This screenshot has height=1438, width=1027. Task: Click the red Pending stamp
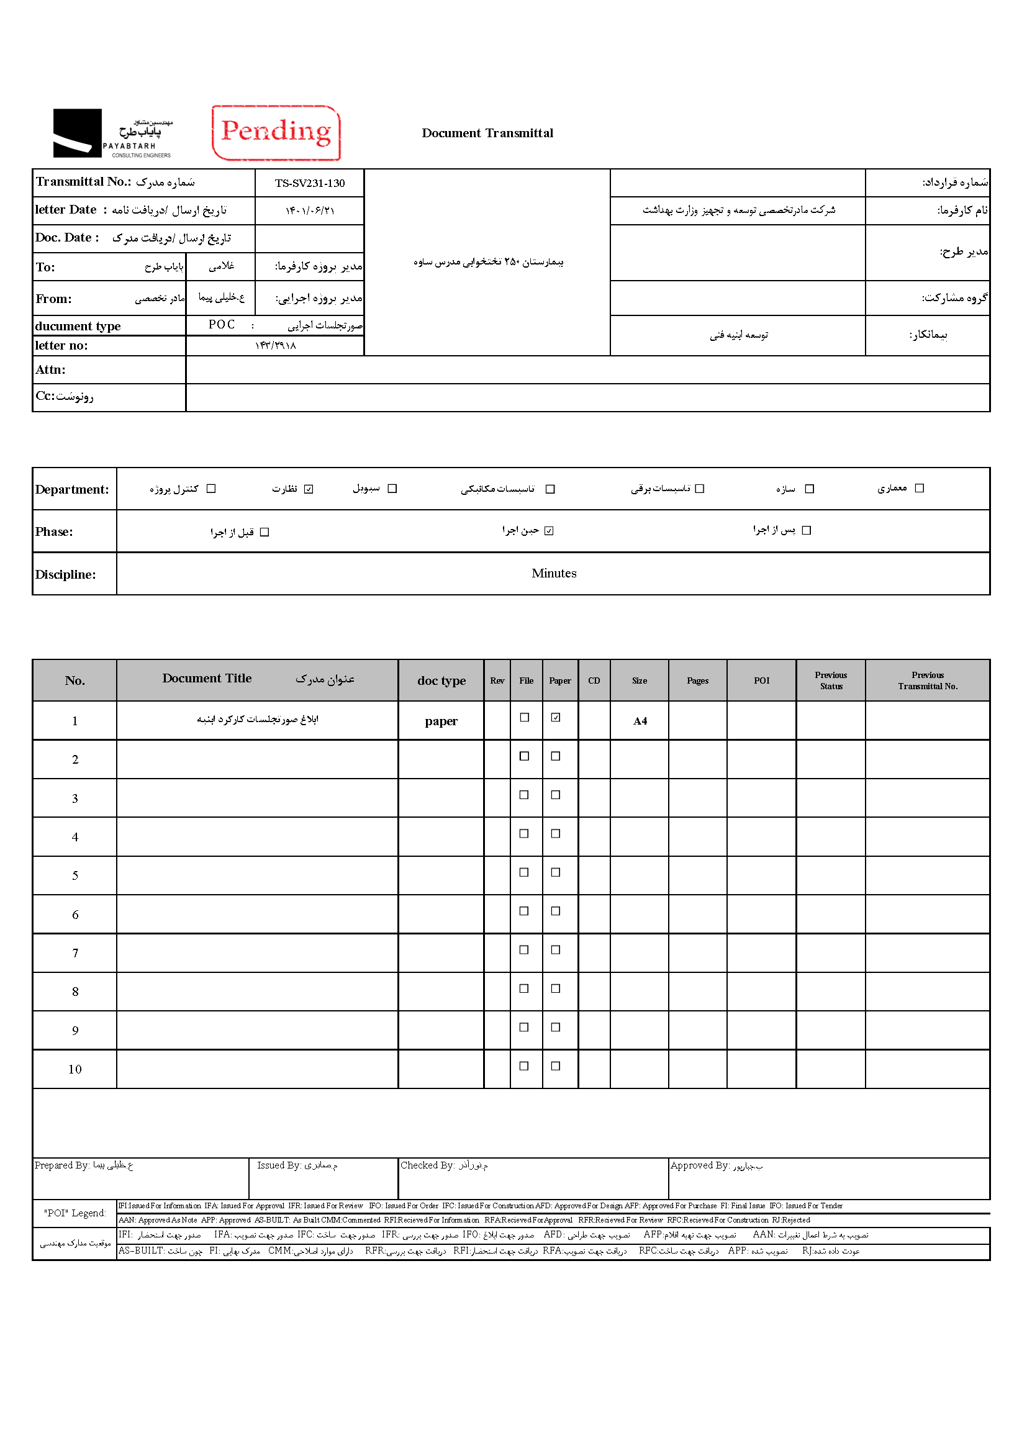pos(276,132)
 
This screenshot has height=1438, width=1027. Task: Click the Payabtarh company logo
pos(112,133)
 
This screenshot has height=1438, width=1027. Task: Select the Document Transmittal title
pos(487,133)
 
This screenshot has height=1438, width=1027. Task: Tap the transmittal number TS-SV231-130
pos(309,183)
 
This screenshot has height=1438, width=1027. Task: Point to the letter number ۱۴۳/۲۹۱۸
pos(275,345)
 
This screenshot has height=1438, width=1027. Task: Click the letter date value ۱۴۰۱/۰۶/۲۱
pos(309,210)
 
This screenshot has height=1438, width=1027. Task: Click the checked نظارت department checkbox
pos(309,489)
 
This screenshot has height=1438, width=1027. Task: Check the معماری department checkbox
pos(920,488)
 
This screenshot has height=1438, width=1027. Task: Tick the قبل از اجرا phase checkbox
pos(265,533)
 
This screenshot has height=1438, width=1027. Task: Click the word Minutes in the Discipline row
pos(553,574)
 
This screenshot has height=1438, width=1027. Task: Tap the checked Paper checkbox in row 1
pos(555,717)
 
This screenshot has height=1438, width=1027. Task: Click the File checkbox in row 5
pos(523,872)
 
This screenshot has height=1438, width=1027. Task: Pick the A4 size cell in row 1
pos(640,721)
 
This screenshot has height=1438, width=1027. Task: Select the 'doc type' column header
pos(441,681)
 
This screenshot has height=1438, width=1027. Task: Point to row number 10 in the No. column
pos(75,1069)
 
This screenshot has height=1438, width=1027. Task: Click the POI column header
pos(761,681)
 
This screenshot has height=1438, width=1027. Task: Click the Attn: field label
pos(50,370)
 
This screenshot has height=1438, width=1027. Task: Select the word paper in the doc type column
pos(441,721)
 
